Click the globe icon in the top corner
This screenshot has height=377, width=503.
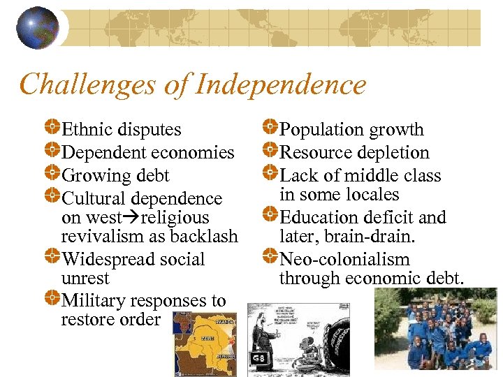(37, 27)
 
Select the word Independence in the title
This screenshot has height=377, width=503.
(282, 84)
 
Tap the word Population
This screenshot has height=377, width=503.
(321, 130)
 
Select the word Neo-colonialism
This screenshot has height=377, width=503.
(344, 259)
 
